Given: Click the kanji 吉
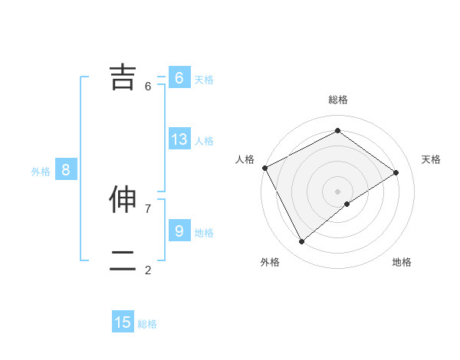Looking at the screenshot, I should [123, 77].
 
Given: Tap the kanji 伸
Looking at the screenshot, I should [123, 200].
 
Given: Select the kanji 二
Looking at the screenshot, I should [123, 260].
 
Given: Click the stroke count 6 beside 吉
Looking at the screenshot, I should [148, 87].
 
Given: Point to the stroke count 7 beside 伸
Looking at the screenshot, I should [148, 208].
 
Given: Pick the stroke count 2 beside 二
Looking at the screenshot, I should [148, 270].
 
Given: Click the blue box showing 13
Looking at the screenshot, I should [179, 139].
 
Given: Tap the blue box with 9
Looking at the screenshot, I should [179, 231].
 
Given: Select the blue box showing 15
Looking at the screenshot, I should [123, 322].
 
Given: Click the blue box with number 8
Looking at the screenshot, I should [66, 170].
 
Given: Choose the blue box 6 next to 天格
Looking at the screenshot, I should [179, 78].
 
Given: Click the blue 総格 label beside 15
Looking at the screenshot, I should [147, 324].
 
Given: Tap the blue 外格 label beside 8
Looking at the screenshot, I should [41, 172].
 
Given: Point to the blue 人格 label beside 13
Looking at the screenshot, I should [204, 141].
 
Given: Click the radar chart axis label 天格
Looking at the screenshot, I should [432, 159].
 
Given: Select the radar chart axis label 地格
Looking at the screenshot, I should [402, 263].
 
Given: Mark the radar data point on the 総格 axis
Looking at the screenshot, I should [337, 131].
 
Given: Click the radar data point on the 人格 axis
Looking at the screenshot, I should [264, 168].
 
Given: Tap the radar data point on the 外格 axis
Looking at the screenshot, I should [302, 242].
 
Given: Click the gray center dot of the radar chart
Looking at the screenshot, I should [337, 191].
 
